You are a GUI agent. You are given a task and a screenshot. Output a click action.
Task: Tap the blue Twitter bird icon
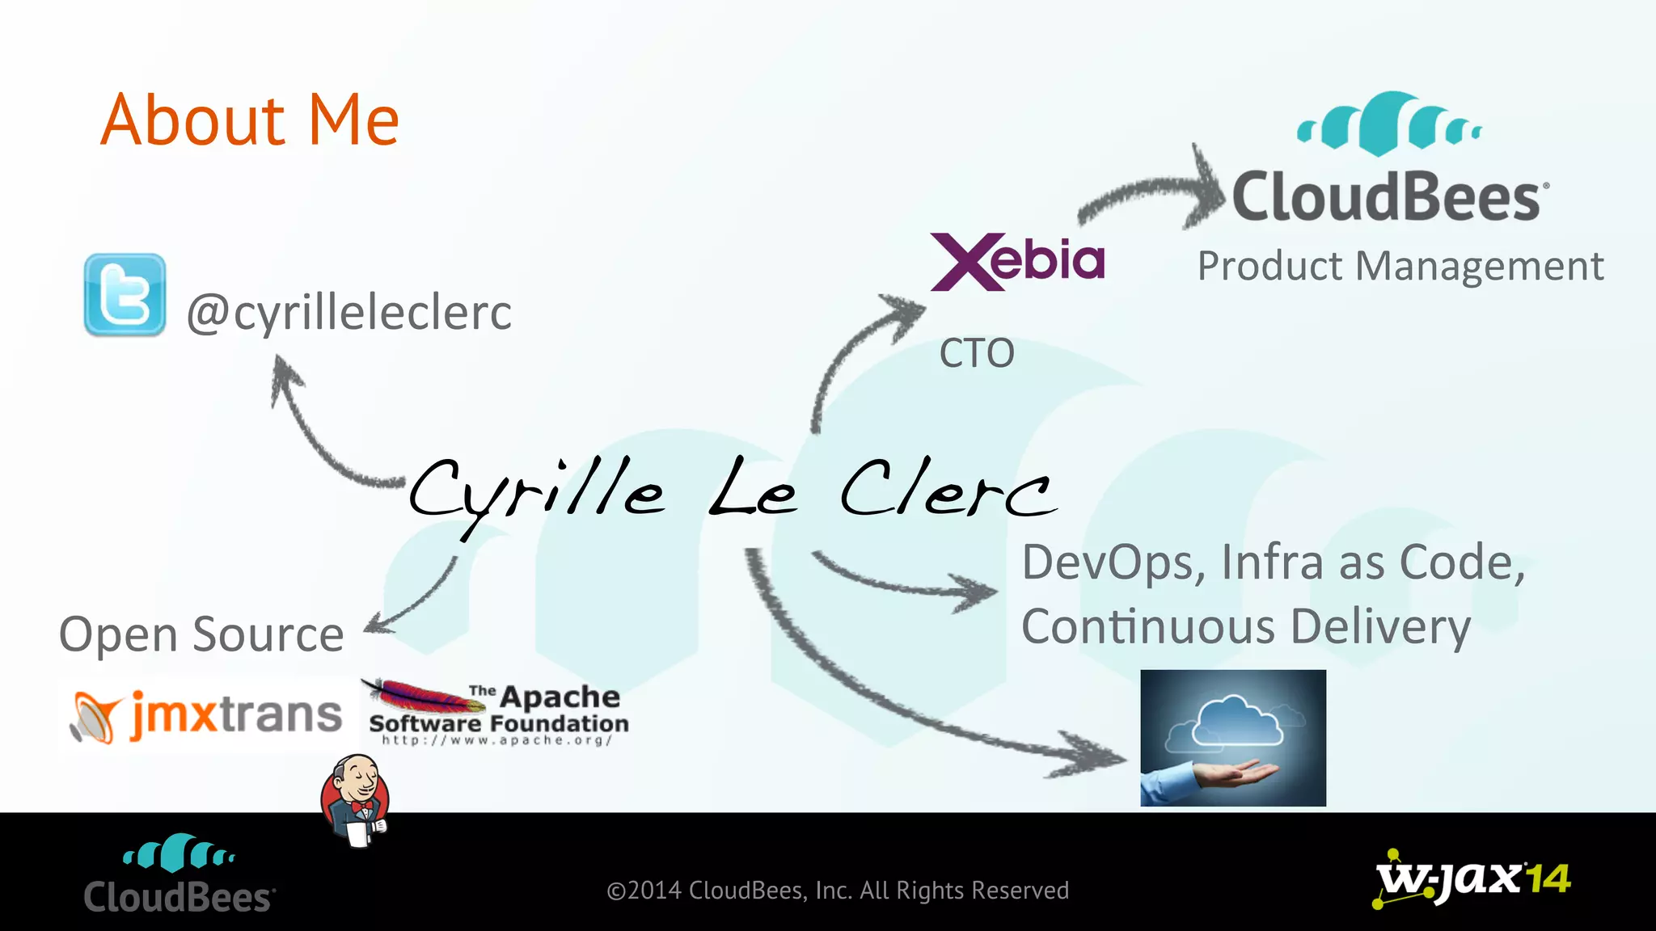125,295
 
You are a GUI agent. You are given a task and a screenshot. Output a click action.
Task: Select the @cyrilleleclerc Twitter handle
349,313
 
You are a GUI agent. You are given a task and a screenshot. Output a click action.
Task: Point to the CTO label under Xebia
977,353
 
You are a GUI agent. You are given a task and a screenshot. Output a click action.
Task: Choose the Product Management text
1400,267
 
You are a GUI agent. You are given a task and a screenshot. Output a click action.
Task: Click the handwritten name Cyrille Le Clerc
732,491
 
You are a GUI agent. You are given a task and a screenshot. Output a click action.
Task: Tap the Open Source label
201,634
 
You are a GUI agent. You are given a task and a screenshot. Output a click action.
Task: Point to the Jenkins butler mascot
356,801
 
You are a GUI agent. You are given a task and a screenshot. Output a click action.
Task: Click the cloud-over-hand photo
1233,738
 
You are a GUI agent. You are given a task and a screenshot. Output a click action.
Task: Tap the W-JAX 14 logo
1472,879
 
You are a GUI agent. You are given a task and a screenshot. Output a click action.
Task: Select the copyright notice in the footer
838,891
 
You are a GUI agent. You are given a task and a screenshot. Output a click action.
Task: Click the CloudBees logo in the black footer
180,874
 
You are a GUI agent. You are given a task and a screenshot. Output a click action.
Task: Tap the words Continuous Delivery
1245,628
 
